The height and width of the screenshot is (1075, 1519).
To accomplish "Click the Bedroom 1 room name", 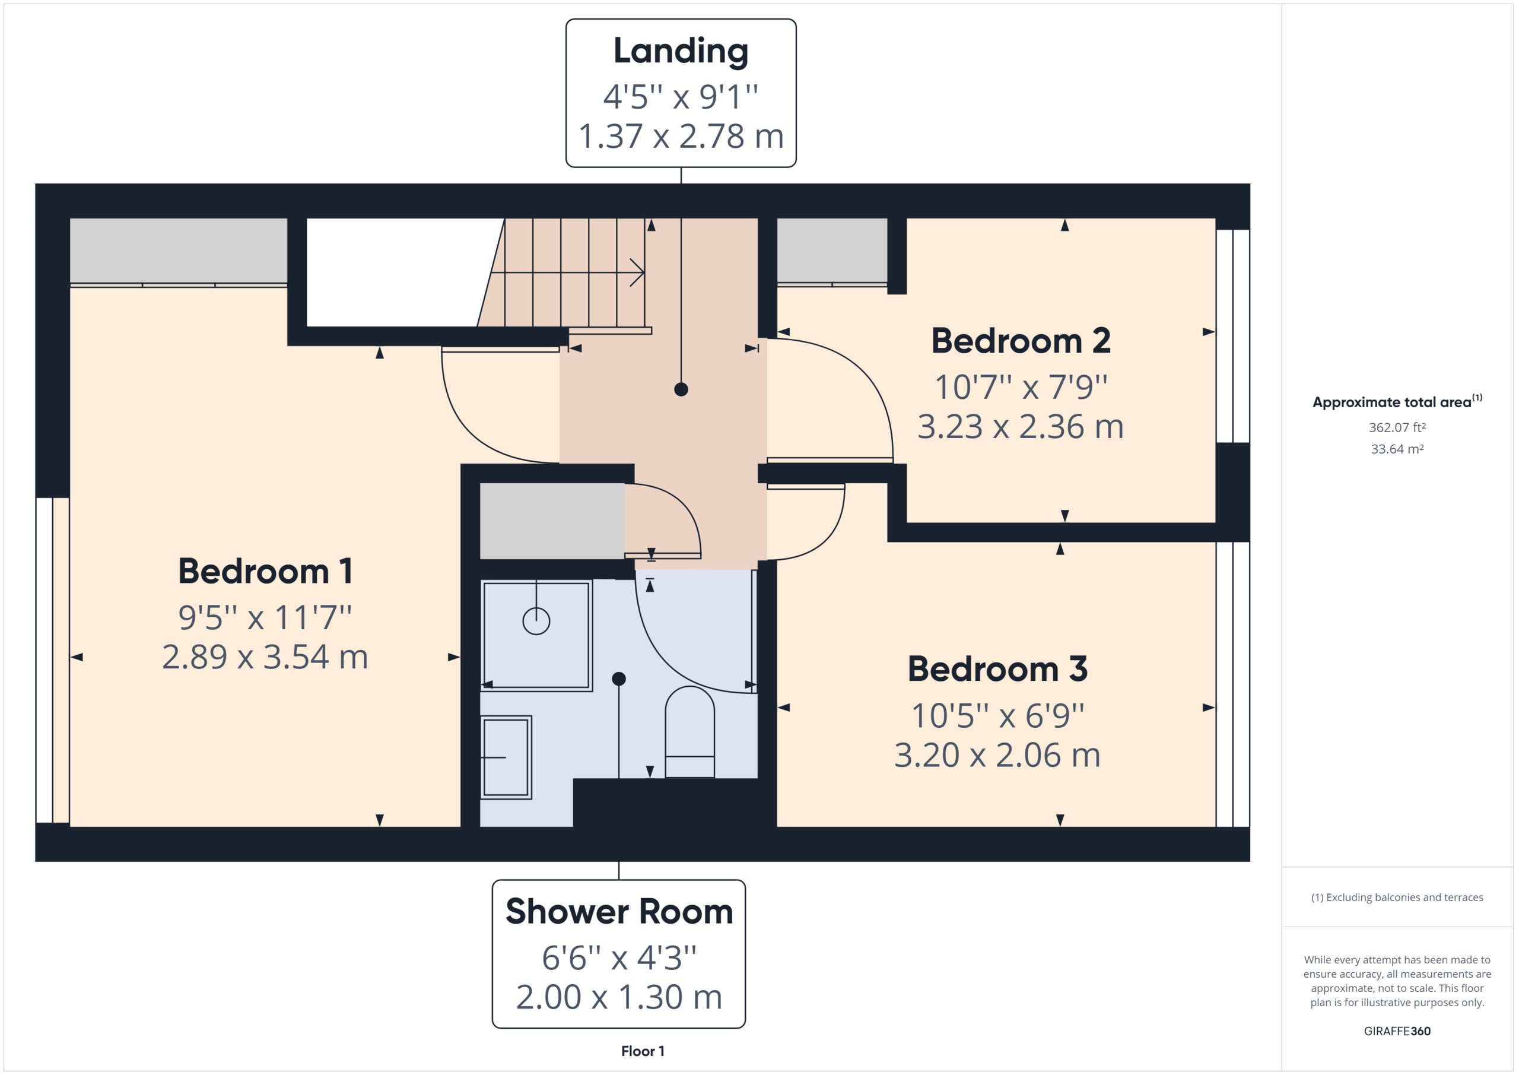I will pyautogui.click(x=265, y=571).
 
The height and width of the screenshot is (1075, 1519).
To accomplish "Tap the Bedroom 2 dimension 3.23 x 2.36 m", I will pyautogui.click(x=1020, y=427).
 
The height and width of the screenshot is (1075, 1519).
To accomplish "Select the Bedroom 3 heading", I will pyautogui.click(x=997, y=669).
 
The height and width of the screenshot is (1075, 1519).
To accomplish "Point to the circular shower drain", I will pyautogui.click(x=536, y=621).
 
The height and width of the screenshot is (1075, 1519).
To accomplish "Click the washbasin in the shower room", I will pyautogui.click(x=506, y=757).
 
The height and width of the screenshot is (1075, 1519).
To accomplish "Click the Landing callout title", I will pyautogui.click(x=681, y=51).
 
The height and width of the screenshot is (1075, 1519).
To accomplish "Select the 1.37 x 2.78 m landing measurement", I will pyautogui.click(x=681, y=137).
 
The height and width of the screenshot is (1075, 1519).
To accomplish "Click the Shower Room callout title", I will pyautogui.click(x=619, y=912).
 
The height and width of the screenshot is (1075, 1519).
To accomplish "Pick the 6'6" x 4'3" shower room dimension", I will pyautogui.click(x=619, y=958).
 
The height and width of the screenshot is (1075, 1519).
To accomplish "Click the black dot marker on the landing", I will pyautogui.click(x=681, y=389).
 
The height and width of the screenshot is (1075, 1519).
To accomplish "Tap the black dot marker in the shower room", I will pyautogui.click(x=619, y=678).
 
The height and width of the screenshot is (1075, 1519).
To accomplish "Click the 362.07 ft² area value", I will pyautogui.click(x=1397, y=427).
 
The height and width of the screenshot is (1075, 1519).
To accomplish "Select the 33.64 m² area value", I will pyautogui.click(x=1397, y=449).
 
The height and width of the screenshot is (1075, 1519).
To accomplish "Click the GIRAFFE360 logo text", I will pyautogui.click(x=1397, y=1030).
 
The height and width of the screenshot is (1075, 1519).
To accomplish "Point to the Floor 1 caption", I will pyautogui.click(x=643, y=1051).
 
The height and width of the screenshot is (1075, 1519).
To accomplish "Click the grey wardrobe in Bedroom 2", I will pyautogui.click(x=832, y=250).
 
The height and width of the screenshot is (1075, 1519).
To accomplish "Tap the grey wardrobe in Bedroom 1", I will pyautogui.click(x=179, y=250).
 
